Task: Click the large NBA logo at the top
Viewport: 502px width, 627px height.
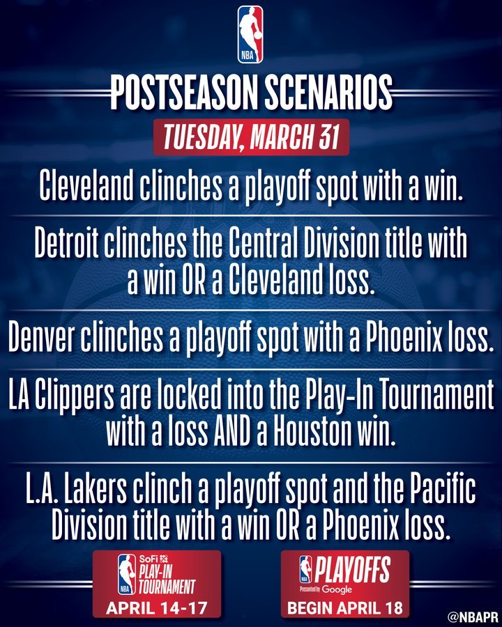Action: pos(250,34)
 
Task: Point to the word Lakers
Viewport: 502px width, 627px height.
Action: pos(96,490)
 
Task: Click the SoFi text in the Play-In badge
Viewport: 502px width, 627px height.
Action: pos(147,559)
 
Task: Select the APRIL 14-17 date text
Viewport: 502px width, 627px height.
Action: pos(156,608)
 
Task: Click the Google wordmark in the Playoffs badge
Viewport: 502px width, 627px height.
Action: pos(337,589)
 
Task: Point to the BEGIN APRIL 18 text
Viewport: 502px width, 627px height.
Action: pos(344,608)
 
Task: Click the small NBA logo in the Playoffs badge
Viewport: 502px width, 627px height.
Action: pos(305,569)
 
